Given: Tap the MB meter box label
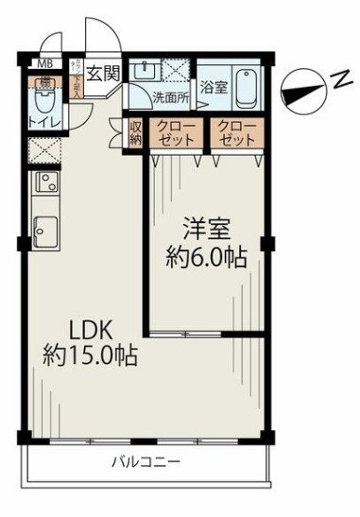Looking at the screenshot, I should tap(44, 64).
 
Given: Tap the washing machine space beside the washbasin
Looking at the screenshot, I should tap(177, 73).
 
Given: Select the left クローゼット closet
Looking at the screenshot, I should tap(176, 133).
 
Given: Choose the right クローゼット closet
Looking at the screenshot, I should tap(236, 133).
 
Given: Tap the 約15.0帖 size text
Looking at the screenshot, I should tap(90, 356).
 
